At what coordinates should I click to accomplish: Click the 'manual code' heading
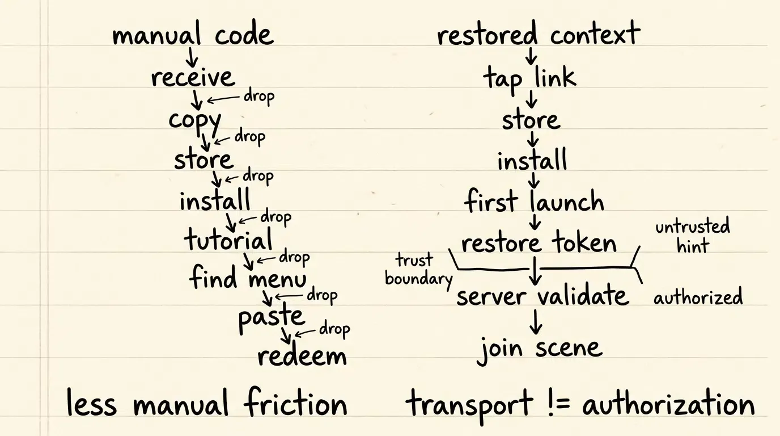coord(193,33)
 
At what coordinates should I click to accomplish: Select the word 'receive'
coord(193,77)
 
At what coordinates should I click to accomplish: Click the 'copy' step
coord(195,122)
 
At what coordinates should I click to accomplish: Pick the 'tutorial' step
coord(228,239)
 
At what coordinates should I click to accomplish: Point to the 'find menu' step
coord(248,277)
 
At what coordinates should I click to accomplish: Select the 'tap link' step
coord(529,79)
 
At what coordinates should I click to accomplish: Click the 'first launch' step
coord(534,200)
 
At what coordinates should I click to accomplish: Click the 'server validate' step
coord(543,295)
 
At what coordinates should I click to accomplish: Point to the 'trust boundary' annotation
coord(418,270)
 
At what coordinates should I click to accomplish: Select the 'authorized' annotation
coord(698,297)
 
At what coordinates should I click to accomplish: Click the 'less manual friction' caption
coord(207,403)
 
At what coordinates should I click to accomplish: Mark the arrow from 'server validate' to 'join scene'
coord(536,322)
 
